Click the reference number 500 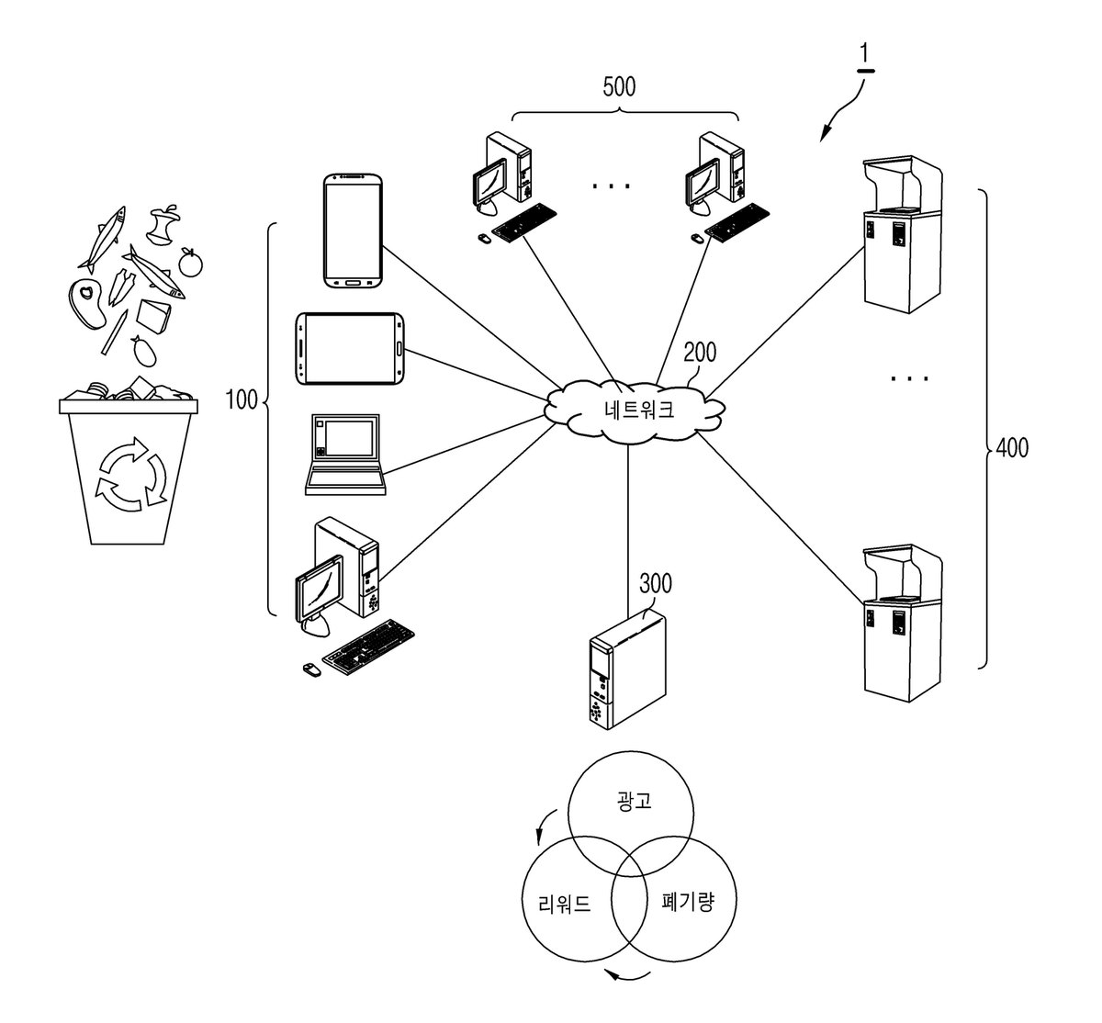[x=619, y=86]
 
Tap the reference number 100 [x=242, y=399]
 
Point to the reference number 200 [x=700, y=353]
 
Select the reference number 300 [x=656, y=583]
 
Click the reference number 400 [x=1012, y=448]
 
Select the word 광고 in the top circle [x=634, y=801]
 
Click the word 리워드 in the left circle [x=565, y=905]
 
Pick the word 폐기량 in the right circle [x=688, y=903]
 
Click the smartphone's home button [x=353, y=283]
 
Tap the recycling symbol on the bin [x=131, y=475]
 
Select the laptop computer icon [x=345, y=454]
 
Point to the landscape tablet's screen [x=350, y=348]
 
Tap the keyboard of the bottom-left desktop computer [x=368, y=647]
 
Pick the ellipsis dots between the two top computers [x=611, y=185]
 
